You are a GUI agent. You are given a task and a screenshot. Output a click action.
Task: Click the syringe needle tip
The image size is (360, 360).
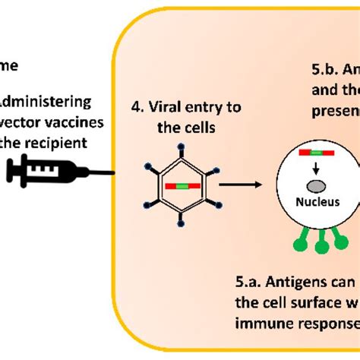(x=114, y=173)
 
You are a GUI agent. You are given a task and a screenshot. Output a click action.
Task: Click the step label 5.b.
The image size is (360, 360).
(x=325, y=68)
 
